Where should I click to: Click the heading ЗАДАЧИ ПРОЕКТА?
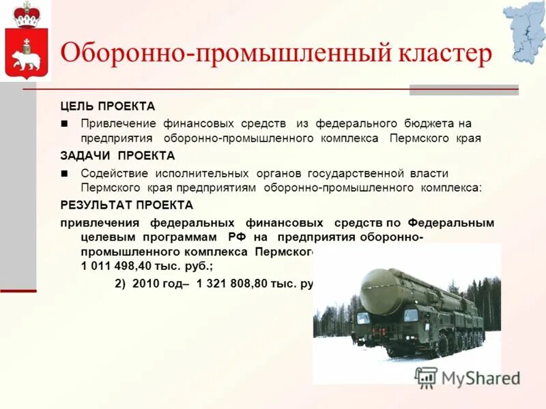[117, 155]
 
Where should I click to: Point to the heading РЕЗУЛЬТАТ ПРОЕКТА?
[127, 204]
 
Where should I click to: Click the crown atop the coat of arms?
[27, 13]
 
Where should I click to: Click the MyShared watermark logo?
[468, 377]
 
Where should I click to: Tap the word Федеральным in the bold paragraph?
[451, 223]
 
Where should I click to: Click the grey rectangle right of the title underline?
[463, 89]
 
